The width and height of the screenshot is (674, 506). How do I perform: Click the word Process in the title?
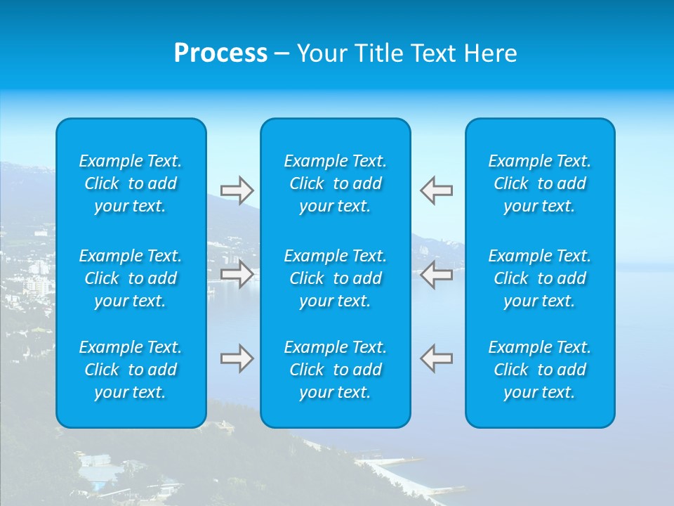tap(220, 53)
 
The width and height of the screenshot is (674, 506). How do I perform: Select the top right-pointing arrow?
tap(237, 190)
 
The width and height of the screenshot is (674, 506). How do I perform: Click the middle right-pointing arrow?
tap(237, 274)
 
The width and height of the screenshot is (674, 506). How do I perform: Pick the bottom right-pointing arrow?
tap(237, 358)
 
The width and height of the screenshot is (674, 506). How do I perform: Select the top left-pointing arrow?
tap(437, 190)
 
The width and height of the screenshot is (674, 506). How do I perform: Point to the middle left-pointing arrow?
tap(437, 274)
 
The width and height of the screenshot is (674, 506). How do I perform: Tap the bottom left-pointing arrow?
tap(437, 358)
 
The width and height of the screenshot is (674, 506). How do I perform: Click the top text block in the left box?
tap(131, 183)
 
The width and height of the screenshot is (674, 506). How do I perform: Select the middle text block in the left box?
tap(131, 278)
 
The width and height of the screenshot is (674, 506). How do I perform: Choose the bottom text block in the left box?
tap(131, 370)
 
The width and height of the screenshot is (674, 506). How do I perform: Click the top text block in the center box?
tap(335, 183)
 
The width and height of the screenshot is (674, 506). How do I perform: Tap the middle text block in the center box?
tap(335, 278)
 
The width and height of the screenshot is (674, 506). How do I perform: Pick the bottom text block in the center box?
tap(335, 370)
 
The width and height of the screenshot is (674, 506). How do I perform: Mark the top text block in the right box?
tap(539, 183)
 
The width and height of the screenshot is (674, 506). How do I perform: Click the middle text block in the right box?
tap(539, 278)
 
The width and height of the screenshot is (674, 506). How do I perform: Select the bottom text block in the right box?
tap(539, 370)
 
